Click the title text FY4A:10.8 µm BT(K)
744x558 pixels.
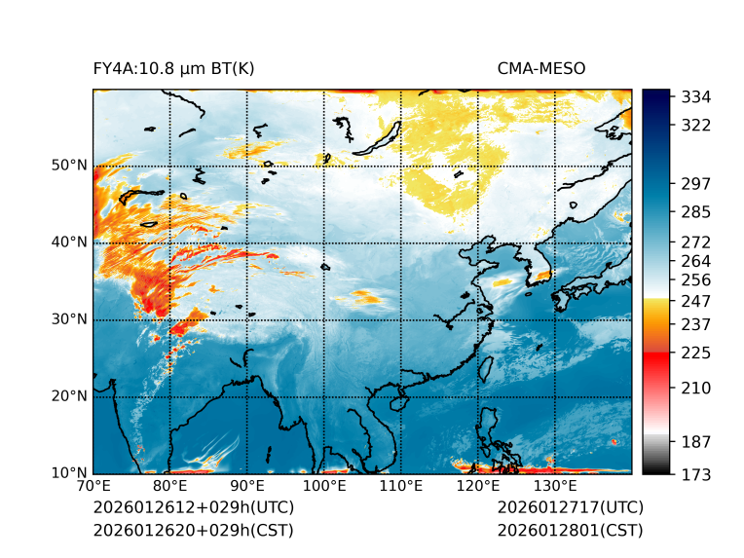point(173,68)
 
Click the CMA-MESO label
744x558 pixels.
point(541,68)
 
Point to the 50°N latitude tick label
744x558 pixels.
point(69,166)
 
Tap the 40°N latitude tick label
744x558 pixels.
point(69,242)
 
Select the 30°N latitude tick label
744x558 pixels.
point(69,319)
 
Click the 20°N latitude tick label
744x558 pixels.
point(69,396)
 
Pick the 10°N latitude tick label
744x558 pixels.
point(69,473)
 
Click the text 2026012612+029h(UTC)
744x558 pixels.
point(193,508)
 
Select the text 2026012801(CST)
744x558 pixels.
point(570,531)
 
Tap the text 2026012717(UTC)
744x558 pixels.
point(570,508)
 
